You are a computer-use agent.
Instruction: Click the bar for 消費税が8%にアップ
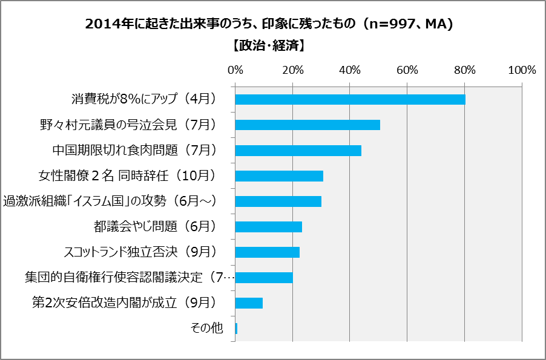coord(350,100)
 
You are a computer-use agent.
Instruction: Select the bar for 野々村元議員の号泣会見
coord(308,125)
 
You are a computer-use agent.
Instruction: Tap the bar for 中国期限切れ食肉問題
coord(298,151)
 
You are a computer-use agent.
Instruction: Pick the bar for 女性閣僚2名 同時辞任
coord(279,176)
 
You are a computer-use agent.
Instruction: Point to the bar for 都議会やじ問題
coord(268,227)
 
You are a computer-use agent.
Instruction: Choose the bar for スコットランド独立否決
coord(267,252)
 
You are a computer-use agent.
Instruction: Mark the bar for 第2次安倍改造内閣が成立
coord(249,303)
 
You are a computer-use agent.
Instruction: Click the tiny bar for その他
coord(236,329)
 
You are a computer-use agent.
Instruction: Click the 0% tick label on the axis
coord(235,70)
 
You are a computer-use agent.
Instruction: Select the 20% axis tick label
coord(292,70)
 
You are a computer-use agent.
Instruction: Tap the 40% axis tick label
coord(350,70)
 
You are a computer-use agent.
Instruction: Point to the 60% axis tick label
coord(407,70)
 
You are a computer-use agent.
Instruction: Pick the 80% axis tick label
coord(465,70)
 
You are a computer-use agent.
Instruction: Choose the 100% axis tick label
coord(522,70)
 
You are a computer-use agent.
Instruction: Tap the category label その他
coord(207,329)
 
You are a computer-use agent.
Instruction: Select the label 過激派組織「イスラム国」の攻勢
coord(110,201)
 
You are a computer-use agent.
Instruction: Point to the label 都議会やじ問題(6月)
coord(155,227)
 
